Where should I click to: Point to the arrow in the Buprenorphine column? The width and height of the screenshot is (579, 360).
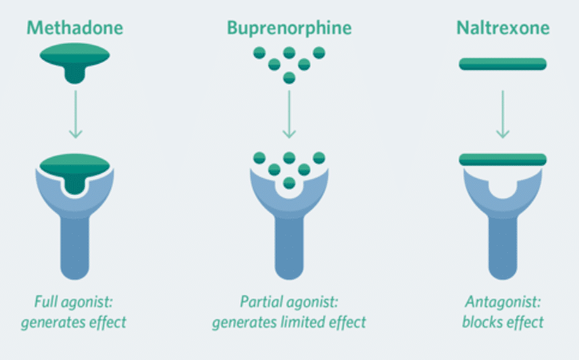[x=289, y=115]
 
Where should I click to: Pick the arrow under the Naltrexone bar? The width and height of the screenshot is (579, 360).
[x=503, y=115]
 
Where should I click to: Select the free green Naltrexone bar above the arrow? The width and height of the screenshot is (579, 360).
[x=503, y=64]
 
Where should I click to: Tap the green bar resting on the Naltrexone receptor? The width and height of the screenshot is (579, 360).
[x=503, y=159]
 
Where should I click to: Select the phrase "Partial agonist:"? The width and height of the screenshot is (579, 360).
[x=289, y=303]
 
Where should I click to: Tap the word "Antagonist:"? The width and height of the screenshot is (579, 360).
[x=503, y=303]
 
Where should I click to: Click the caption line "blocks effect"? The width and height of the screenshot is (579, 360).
[x=503, y=322]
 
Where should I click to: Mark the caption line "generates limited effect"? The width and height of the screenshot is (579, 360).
[x=289, y=322]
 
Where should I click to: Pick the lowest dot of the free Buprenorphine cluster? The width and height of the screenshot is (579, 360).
[x=289, y=77]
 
